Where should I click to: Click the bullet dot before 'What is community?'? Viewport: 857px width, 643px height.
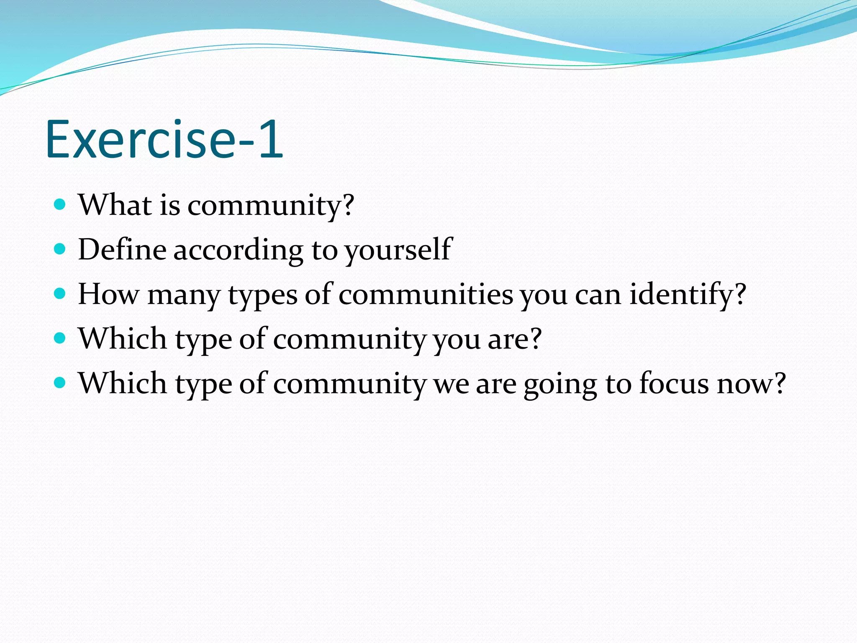[x=60, y=205]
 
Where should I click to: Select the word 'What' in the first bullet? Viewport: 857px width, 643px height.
[x=115, y=205]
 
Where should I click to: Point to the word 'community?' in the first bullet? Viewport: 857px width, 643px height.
[x=270, y=206]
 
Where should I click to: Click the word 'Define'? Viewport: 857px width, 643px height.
[x=122, y=249]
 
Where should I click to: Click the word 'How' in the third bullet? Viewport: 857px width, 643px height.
[x=108, y=294]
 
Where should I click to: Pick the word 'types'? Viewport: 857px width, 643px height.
[x=262, y=295]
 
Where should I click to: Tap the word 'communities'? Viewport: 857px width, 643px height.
[x=426, y=294]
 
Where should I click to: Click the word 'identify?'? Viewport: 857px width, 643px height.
[x=688, y=295]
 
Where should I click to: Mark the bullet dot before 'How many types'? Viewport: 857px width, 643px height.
[x=60, y=294]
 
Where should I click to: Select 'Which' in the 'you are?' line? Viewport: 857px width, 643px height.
[x=123, y=338]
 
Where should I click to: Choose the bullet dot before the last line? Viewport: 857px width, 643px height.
[x=60, y=383]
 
